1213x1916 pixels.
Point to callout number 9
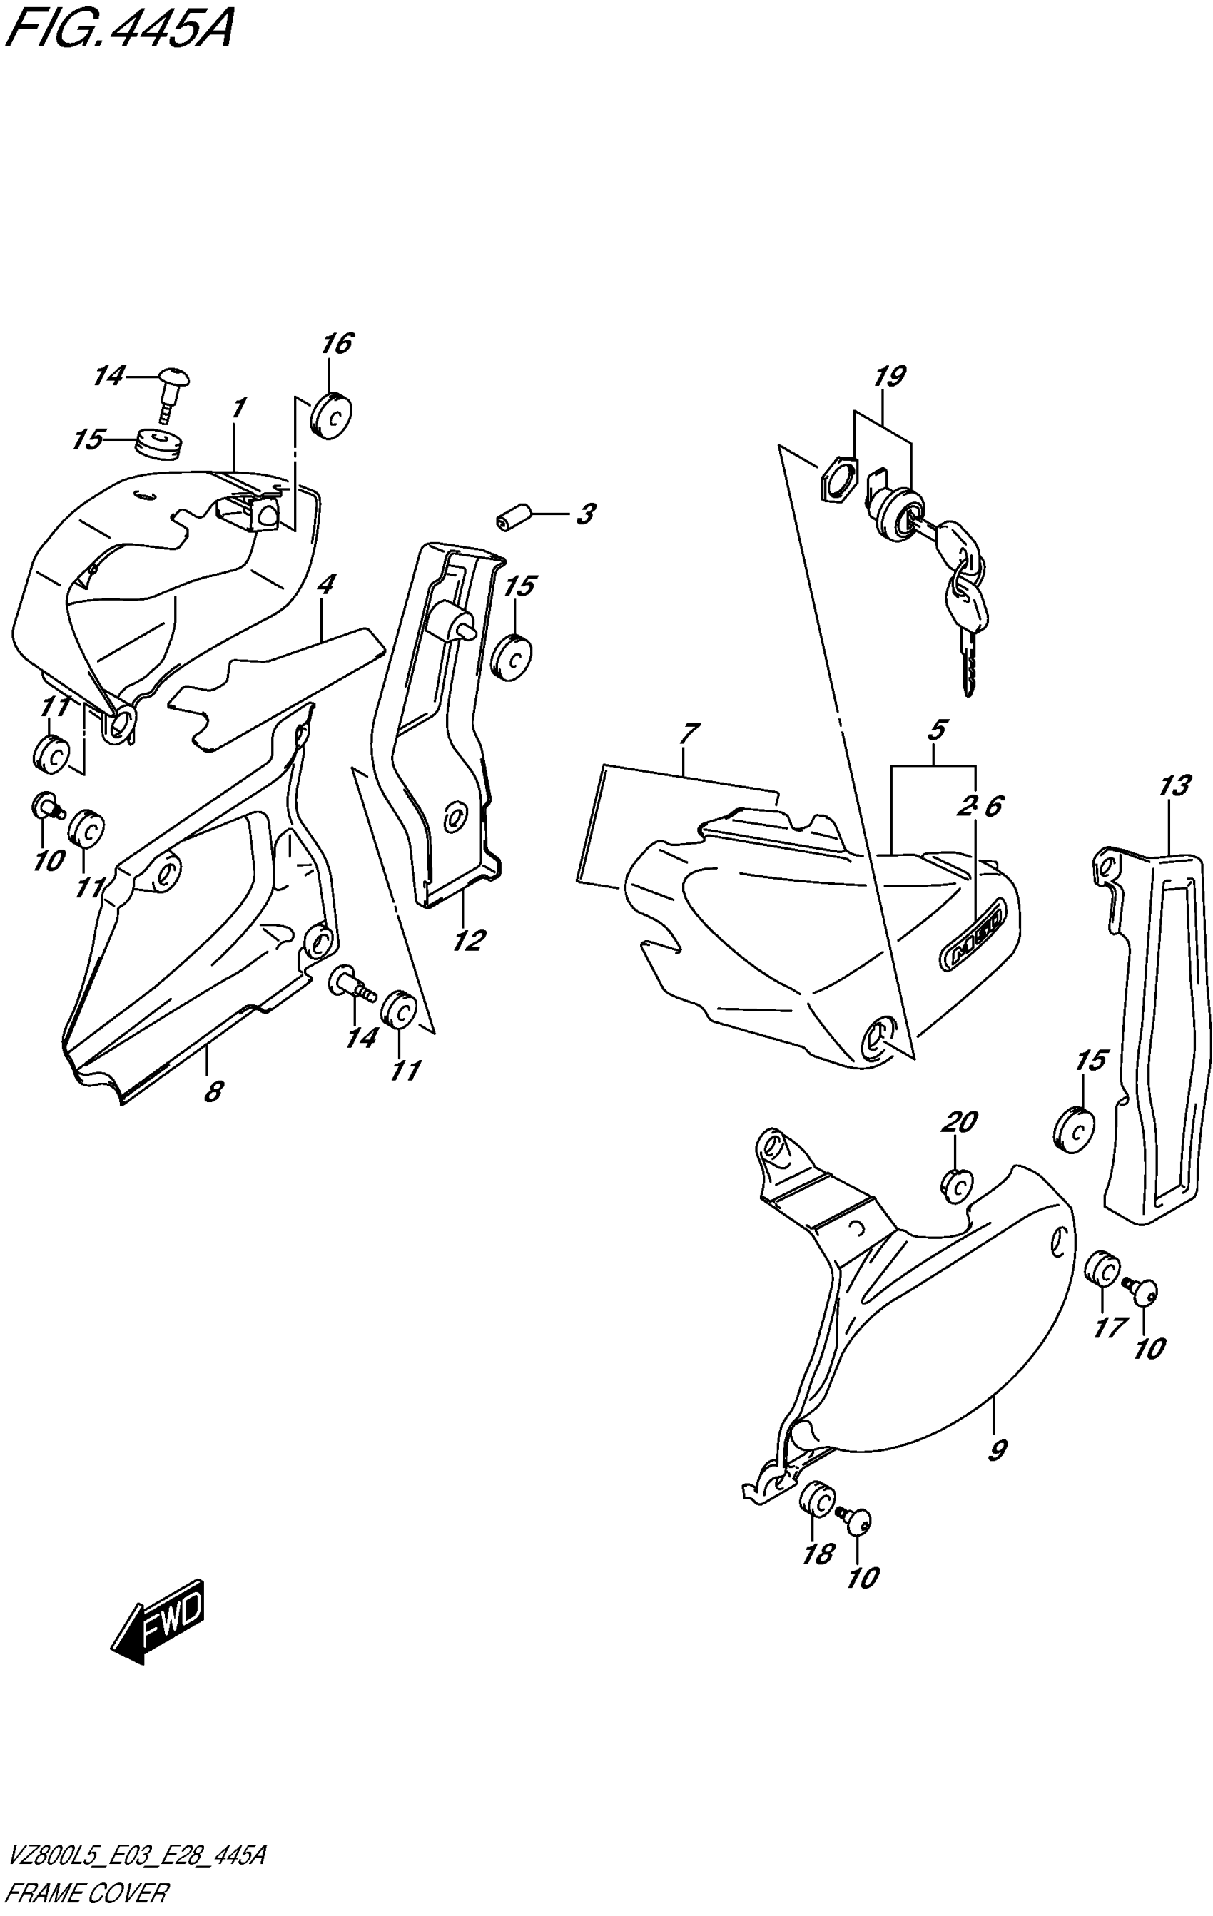[997, 1449]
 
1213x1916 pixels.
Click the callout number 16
[337, 344]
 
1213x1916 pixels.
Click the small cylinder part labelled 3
[514, 518]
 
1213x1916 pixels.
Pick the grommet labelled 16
[332, 414]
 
